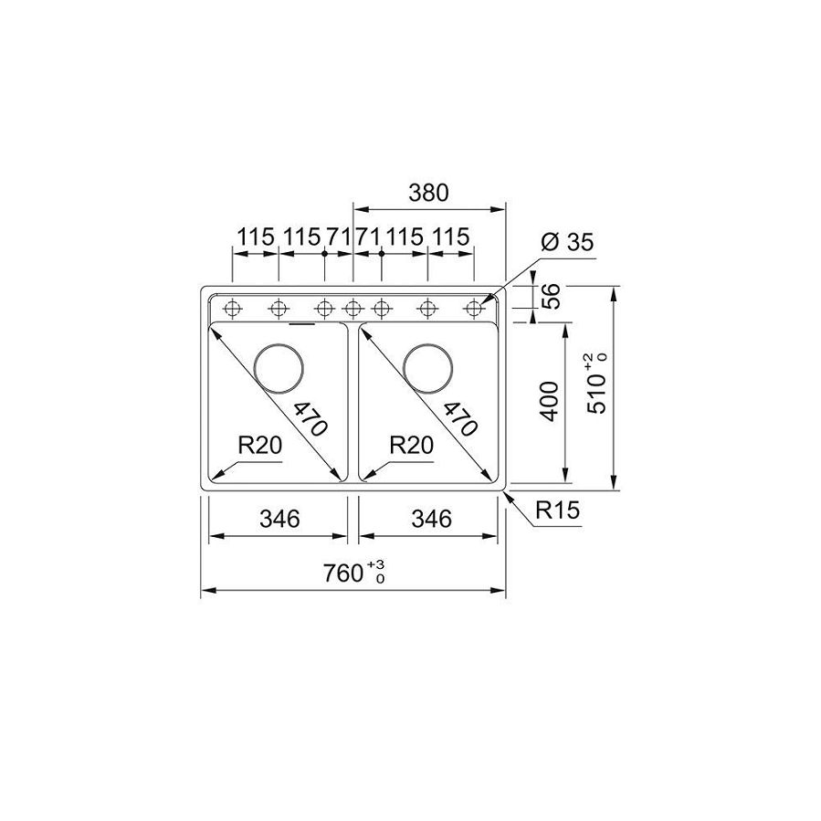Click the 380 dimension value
pos(428,193)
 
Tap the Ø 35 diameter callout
pos(567,242)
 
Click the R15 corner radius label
pos(558,510)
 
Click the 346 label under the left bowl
pos(280,519)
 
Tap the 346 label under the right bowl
pos(431,519)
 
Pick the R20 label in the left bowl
pos(259,445)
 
